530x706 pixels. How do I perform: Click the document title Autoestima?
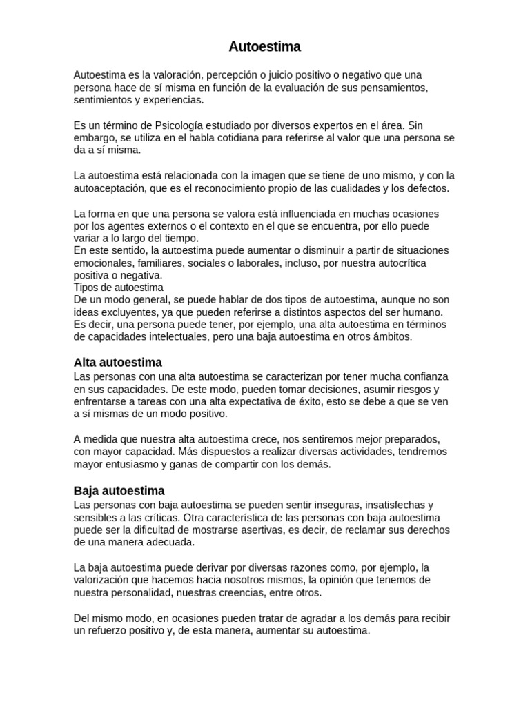tap(265, 48)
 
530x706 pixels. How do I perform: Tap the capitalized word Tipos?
tap(86, 287)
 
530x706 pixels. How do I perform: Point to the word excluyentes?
tap(128, 312)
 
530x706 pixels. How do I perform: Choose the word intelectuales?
tap(186, 336)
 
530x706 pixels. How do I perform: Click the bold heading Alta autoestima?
tap(117, 363)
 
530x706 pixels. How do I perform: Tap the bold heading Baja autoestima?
tap(119, 491)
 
